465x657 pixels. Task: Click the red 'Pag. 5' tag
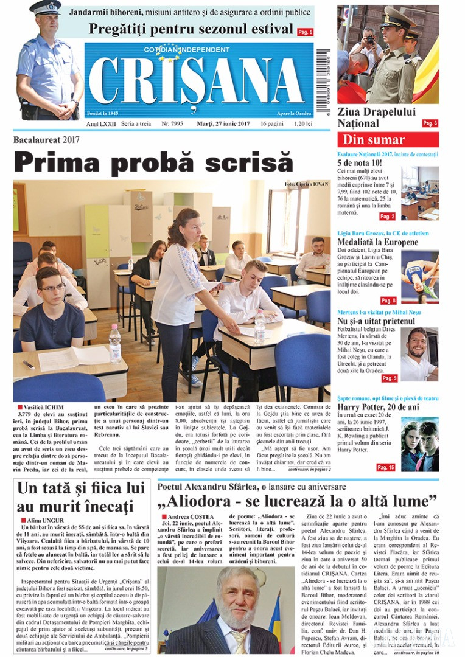pyautogui.click(x=306, y=32)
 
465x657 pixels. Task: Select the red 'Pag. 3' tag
pyautogui.click(x=430, y=123)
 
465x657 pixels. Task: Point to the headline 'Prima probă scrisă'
pyautogui.click(x=153, y=163)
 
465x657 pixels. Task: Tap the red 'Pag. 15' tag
pyautogui.click(x=385, y=467)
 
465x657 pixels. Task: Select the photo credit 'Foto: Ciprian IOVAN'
pyautogui.click(x=306, y=184)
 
